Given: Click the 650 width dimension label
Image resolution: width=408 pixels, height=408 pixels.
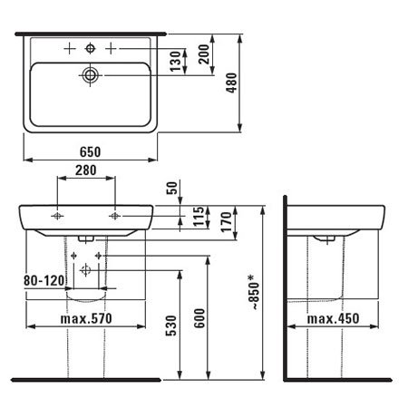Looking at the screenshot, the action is (90, 151).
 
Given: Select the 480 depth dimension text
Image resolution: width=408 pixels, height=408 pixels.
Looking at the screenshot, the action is (232, 83).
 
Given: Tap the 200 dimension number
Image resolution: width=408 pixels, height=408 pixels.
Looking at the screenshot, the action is (204, 54).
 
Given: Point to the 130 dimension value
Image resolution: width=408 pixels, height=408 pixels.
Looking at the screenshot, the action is (175, 62).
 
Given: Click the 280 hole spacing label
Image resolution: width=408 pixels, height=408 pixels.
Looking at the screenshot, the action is (86, 170).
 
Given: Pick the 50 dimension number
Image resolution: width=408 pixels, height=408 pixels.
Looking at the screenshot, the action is (172, 188).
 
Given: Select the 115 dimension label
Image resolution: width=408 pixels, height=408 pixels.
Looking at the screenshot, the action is (199, 217).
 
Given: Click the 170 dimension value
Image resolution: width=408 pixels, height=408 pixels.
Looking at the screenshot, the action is (227, 222).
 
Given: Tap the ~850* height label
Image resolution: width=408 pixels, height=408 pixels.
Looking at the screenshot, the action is (254, 292).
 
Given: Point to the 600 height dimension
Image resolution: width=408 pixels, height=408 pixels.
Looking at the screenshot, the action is (199, 318).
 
